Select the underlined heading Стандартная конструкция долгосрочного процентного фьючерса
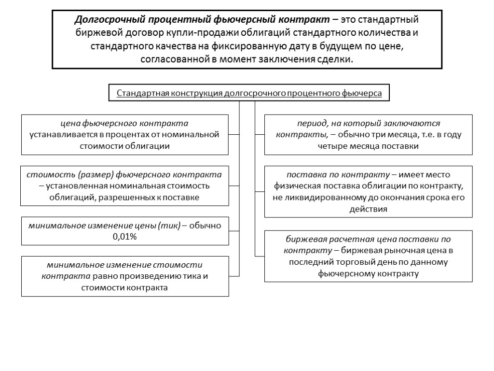click(249, 93)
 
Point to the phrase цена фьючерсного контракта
click(125, 124)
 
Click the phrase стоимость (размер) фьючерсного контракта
click(125, 174)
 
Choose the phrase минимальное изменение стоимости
click(124, 265)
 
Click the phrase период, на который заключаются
click(368, 124)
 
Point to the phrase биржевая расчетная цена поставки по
click(368, 239)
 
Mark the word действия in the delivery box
click(368, 209)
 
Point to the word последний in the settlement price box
click(311, 262)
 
